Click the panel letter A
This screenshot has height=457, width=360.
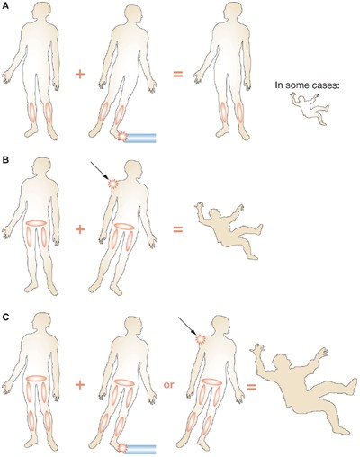point(5,5)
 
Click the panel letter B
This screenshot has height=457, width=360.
point(5,160)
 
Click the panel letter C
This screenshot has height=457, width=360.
point(5,318)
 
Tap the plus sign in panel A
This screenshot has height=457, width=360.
point(80,74)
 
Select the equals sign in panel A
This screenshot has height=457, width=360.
point(178,74)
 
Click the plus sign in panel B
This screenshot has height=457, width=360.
point(80,229)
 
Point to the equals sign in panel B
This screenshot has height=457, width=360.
point(178,229)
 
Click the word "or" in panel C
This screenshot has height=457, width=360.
point(168,385)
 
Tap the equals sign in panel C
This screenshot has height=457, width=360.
point(252,388)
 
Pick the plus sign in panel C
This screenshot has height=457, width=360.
point(80,385)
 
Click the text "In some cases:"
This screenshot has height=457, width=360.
point(307,85)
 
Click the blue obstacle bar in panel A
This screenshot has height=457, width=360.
point(140,138)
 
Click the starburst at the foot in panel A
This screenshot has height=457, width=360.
point(122,136)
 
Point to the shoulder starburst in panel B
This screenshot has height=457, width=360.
point(113,184)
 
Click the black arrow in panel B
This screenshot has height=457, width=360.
point(101,171)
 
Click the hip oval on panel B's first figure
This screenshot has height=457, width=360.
point(36,223)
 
